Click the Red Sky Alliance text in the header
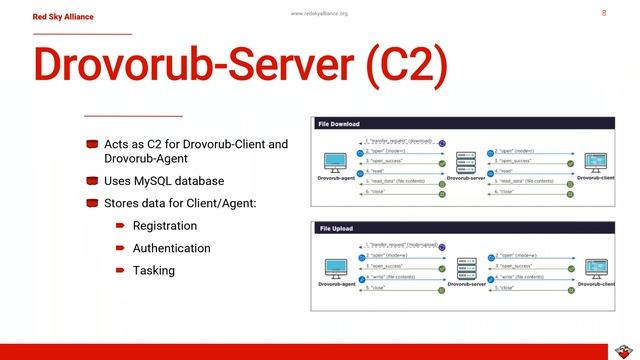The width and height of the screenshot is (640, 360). (63, 16)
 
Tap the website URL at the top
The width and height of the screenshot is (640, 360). (319, 13)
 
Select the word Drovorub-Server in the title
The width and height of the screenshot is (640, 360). (191, 65)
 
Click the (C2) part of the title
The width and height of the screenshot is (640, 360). (399, 65)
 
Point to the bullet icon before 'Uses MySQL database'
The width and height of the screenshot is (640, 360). (92, 181)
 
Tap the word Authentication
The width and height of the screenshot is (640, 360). (171, 248)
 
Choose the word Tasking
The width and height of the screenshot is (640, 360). (153, 270)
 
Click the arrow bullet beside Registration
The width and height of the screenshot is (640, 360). (120, 226)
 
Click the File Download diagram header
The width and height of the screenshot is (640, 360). (339, 124)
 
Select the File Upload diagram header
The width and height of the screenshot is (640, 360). (337, 229)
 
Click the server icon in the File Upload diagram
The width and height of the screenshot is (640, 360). (465, 267)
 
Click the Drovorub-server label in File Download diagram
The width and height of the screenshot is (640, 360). (466, 178)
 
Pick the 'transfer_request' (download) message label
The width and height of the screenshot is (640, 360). (400, 141)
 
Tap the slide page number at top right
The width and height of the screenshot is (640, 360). (603, 13)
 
